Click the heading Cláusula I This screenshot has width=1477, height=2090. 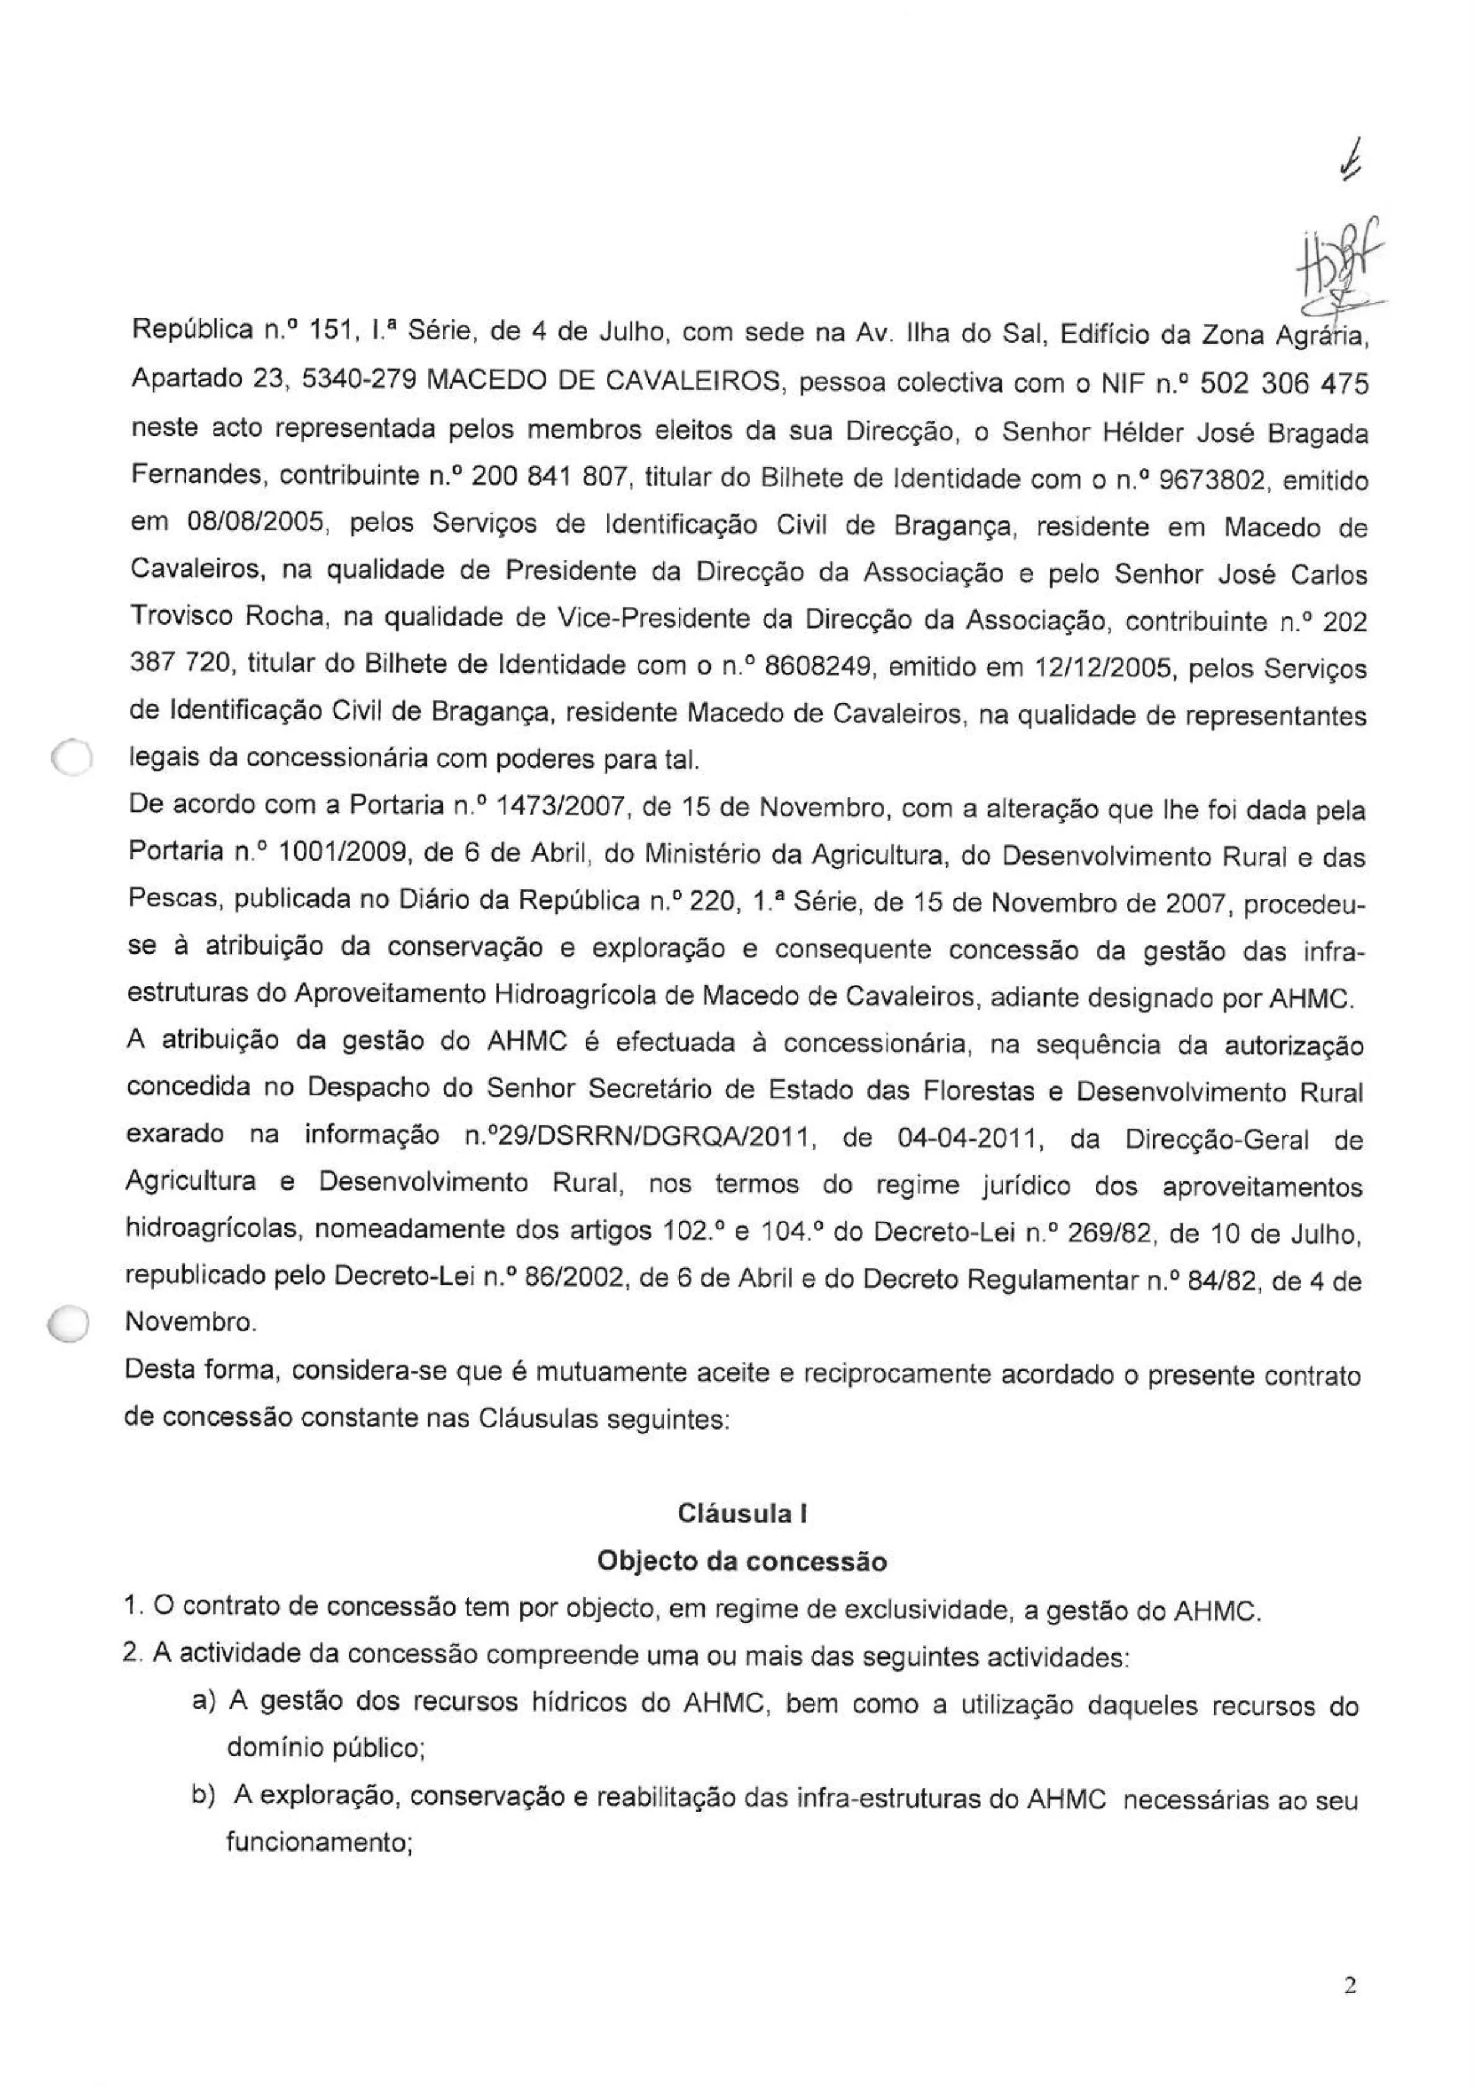[742, 1514]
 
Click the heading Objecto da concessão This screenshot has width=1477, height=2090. [742, 1561]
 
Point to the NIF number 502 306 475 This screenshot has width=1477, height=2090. [1283, 385]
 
